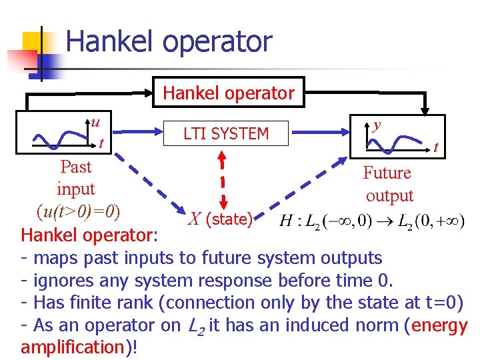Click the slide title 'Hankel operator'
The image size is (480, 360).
[169, 41]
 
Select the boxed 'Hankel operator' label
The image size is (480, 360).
[229, 93]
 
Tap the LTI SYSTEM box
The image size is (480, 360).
[226, 133]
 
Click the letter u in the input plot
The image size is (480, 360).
[96, 122]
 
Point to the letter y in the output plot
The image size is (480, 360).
[377, 125]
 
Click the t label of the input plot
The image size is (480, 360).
[101, 143]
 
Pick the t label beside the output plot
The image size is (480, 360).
[436, 147]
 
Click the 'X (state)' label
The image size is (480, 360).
[220, 219]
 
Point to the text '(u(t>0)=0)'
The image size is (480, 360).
[79, 212]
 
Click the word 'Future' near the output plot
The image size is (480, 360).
[387, 173]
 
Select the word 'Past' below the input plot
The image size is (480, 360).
[76, 166]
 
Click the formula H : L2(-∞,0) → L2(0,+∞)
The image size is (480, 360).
[371, 221]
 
